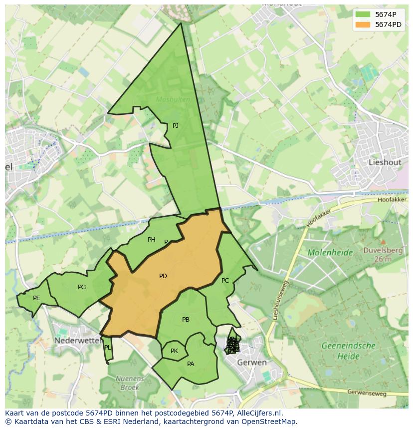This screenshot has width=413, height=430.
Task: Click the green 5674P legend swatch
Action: point(363,14)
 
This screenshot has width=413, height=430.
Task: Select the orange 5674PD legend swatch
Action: point(363,24)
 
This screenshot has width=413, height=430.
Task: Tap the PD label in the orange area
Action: point(163,276)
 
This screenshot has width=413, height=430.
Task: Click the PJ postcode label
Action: point(176,126)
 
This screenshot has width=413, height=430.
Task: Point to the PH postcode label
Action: point(152,240)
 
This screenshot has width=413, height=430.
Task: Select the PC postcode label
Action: point(225,281)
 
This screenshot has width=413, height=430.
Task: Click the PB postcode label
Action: point(186,320)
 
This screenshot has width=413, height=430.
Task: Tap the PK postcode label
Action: point(174,351)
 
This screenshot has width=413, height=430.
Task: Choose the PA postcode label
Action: point(191,364)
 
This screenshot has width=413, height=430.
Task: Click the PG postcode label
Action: point(82,287)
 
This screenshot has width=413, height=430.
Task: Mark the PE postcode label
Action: point(36,298)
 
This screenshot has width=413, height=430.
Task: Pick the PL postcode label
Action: point(107,348)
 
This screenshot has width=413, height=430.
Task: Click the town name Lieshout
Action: point(385,162)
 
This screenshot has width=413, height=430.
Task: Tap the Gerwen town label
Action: point(251,362)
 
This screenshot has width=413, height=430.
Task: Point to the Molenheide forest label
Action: point(330,253)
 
